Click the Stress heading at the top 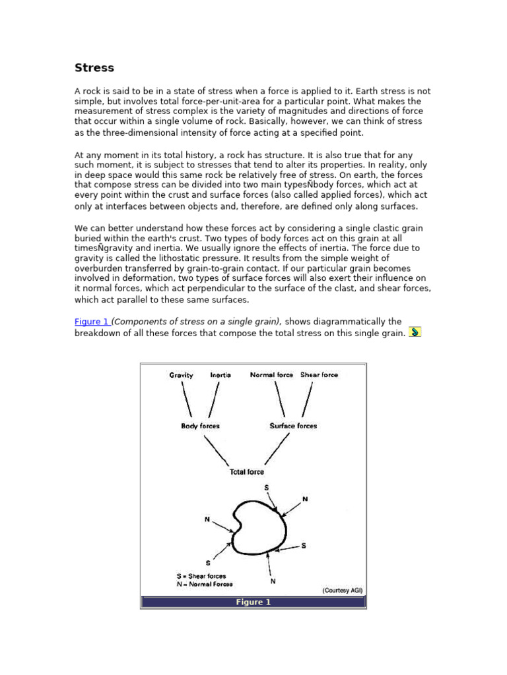click(x=94, y=68)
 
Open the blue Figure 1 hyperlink click(x=91, y=322)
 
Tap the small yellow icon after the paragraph click(x=415, y=332)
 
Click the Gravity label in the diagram click(x=181, y=375)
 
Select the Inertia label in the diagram click(x=220, y=375)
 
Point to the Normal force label click(x=271, y=375)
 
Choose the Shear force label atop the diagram click(x=319, y=375)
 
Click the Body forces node click(x=200, y=426)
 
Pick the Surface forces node click(x=293, y=426)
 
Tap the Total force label click(x=246, y=472)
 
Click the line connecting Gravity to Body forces click(x=187, y=400)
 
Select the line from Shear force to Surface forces click(x=307, y=400)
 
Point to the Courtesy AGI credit click(x=342, y=590)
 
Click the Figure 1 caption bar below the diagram click(x=253, y=602)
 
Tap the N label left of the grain click(x=207, y=519)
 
